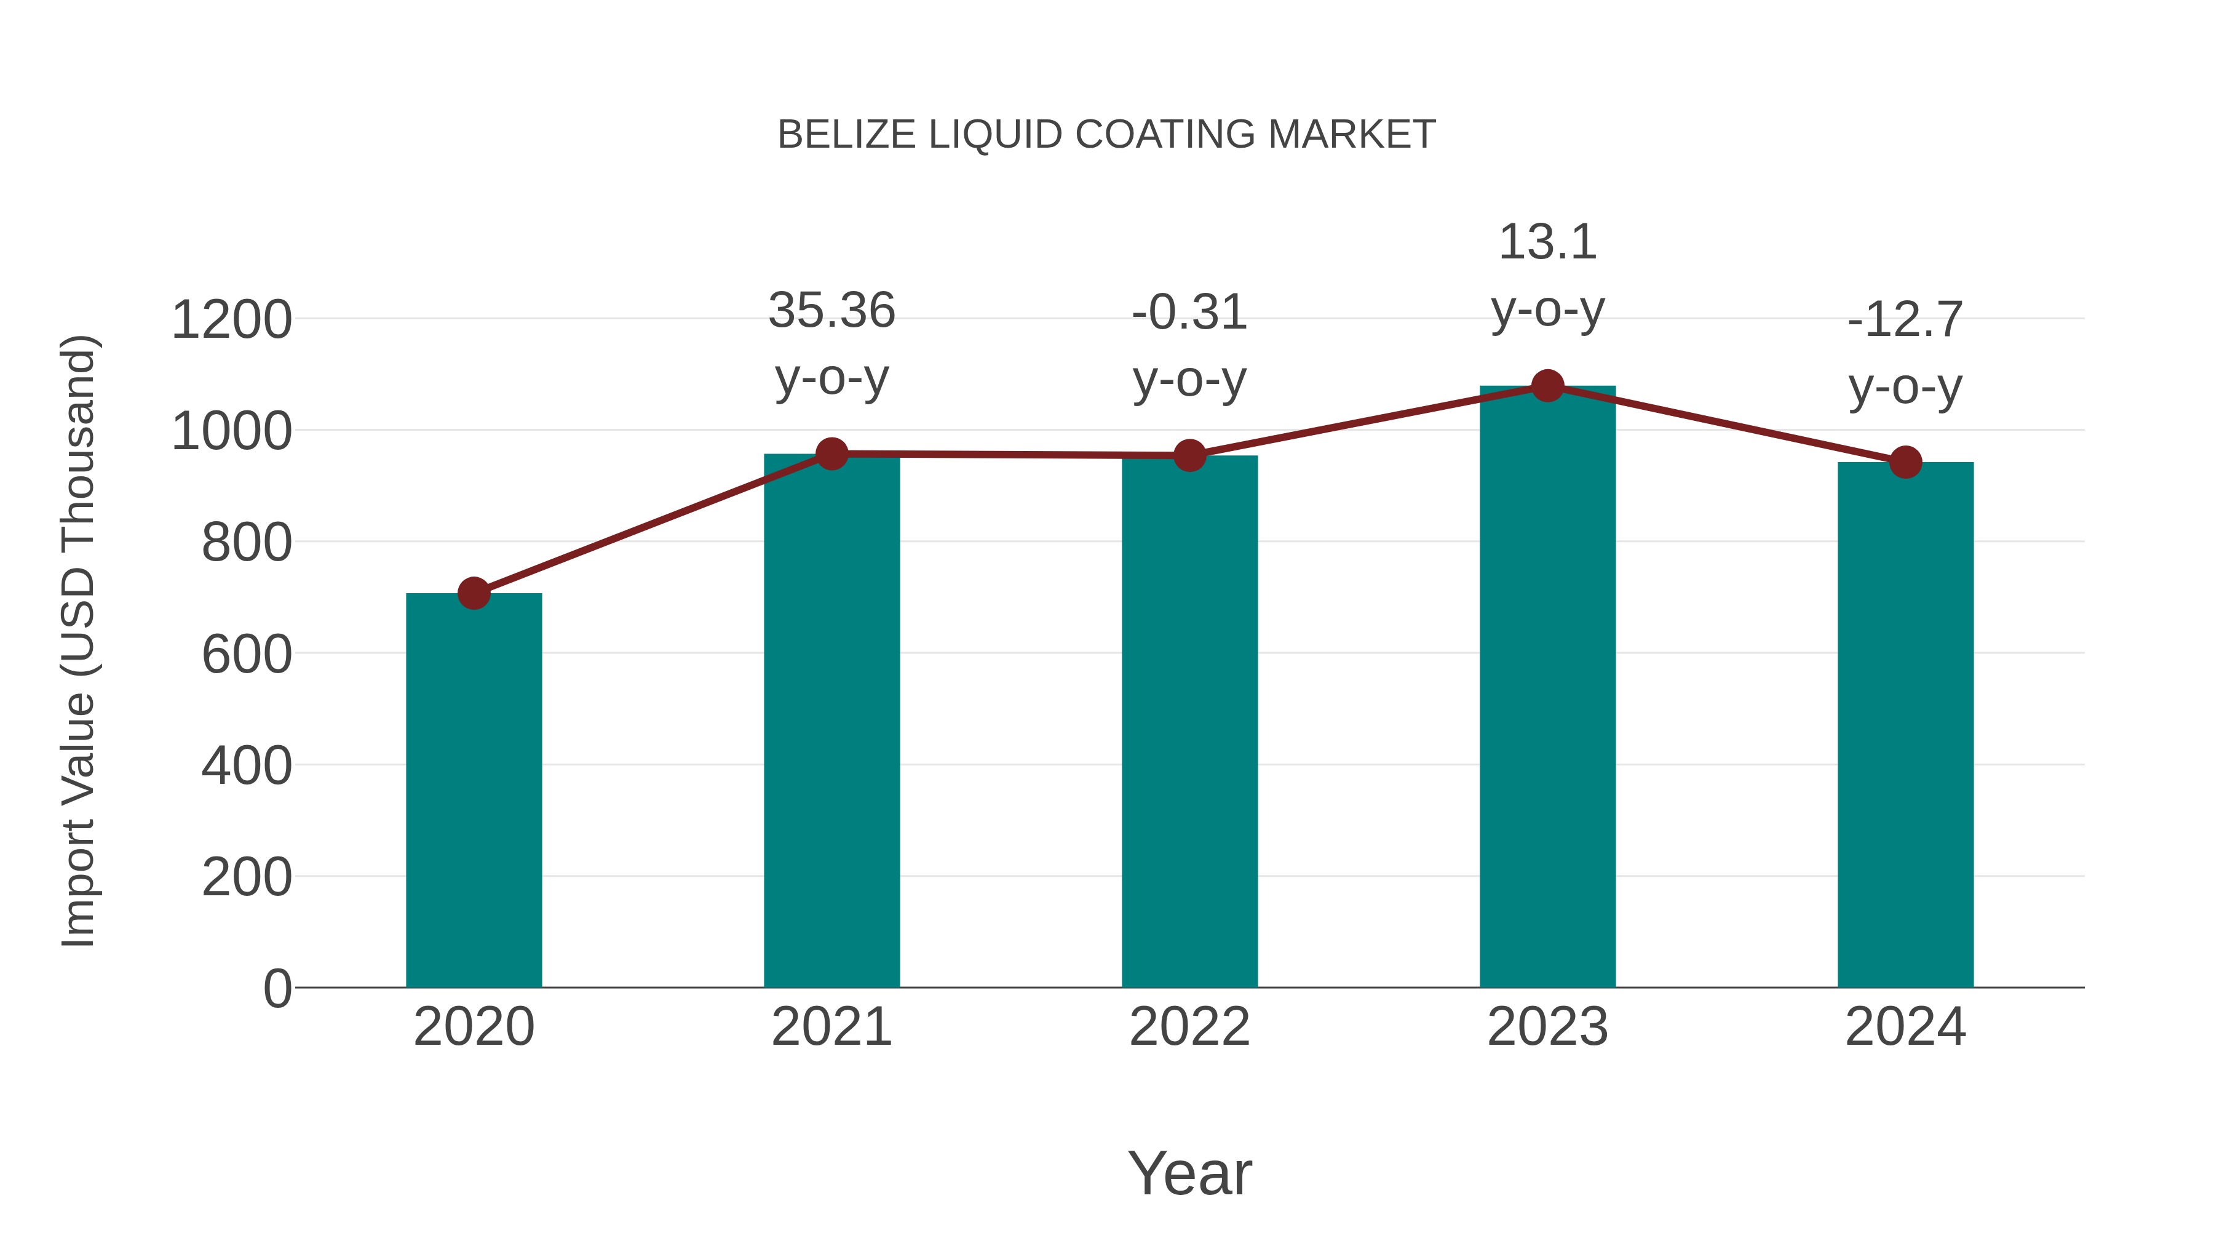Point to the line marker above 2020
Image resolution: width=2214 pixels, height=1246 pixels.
pos(474,593)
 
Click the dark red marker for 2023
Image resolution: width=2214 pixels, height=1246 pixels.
pos(1547,386)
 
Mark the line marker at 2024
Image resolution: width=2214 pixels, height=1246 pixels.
pos(1905,463)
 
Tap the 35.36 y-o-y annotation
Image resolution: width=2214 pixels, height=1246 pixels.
pos(831,344)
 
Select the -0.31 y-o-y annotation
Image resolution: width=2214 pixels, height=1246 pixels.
pos(1189,346)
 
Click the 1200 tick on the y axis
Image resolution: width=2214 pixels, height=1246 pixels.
pos(231,320)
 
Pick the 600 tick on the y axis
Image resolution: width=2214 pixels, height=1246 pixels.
pos(247,655)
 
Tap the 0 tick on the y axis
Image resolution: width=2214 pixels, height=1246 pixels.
pos(277,988)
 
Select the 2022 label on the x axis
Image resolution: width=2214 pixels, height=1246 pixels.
pos(1189,1027)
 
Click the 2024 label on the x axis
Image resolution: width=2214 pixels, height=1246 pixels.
pos(1905,1027)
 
